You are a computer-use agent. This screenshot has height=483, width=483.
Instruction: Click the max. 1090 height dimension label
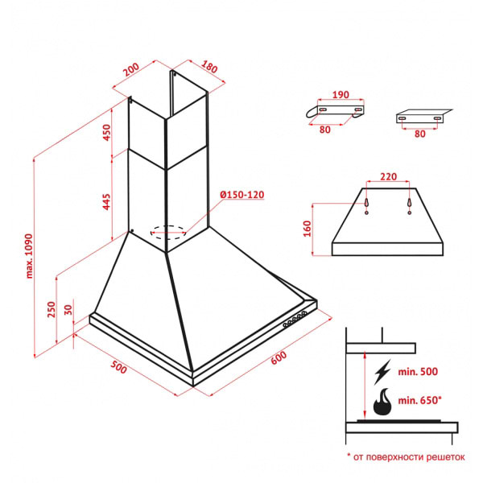(29, 256)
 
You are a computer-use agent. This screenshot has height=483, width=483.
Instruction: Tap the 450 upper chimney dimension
(106, 133)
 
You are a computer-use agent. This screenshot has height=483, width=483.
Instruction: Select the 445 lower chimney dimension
(106, 202)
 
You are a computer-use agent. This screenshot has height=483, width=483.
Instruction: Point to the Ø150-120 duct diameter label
(242, 195)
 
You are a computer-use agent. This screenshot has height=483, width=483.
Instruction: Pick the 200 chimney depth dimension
(131, 69)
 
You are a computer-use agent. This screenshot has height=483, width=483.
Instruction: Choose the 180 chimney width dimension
(209, 67)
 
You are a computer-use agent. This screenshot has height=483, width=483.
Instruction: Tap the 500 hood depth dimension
(118, 367)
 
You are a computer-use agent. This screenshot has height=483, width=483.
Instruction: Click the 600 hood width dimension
(279, 357)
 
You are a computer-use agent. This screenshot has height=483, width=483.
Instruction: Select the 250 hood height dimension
(52, 309)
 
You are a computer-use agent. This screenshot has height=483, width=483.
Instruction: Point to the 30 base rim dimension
(68, 310)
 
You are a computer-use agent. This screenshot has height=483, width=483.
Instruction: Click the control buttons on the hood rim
(295, 319)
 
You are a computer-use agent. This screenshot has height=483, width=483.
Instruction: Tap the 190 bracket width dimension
(341, 94)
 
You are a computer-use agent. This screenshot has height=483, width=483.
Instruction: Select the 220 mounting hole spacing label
(388, 176)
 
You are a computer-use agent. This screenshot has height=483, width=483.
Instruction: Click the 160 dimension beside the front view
(308, 229)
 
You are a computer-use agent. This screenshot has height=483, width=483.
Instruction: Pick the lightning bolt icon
(382, 372)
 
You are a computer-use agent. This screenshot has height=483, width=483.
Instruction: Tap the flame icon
(382, 402)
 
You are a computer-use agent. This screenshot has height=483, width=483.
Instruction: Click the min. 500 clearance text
(418, 371)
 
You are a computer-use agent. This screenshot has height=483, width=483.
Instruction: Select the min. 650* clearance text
(419, 400)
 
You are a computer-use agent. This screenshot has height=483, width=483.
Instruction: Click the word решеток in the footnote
(445, 457)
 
